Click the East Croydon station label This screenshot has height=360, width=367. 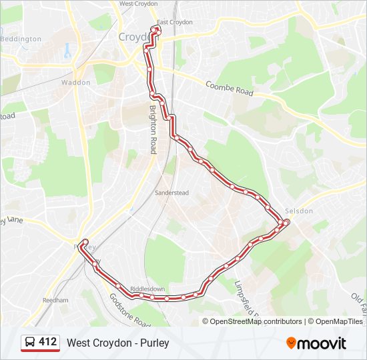click(174, 22)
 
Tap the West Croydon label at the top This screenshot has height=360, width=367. click(137, 3)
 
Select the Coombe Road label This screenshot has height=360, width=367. click(230, 89)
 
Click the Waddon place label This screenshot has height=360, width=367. click(75, 83)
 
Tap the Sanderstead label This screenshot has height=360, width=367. click(172, 193)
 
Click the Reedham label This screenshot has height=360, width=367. click(55, 301)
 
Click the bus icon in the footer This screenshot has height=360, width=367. click(30, 343)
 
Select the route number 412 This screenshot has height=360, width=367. click(47, 342)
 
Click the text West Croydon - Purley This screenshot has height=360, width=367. click(118, 343)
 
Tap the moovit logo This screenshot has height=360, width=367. click(316, 343)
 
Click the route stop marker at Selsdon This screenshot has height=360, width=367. click(286, 222)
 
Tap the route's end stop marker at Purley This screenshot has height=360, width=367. click(85, 241)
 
